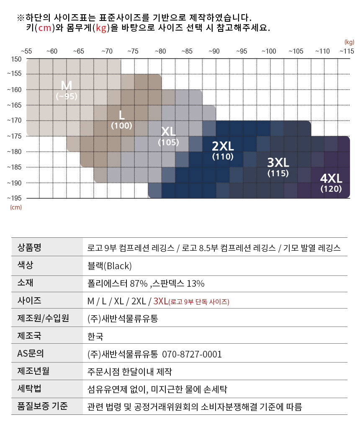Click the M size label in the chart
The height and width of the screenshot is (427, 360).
tap(67, 85)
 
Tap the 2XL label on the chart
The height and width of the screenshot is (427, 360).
tap(223, 146)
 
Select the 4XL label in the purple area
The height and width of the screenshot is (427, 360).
tap(331, 178)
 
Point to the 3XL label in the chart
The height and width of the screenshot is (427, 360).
tap(278, 162)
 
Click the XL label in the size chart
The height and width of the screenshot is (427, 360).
tap(168, 131)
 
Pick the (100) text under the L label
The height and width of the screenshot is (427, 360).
tap(121, 125)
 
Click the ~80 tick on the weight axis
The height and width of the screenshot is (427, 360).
tap(160, 51)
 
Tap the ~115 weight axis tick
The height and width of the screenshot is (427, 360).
tap(346, 51)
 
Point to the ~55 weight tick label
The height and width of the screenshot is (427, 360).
tap(26, 51)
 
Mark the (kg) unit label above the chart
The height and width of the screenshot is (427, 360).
tap(349, 42)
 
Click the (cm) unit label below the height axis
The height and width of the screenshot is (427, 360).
tap(16, 207)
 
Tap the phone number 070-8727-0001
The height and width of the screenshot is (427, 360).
tap(192, 354)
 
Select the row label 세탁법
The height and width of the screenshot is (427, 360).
tap(29, 388)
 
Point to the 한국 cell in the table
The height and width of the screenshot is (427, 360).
tap(95, 336)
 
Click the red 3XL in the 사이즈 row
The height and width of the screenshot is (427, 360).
tap(161, 301)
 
